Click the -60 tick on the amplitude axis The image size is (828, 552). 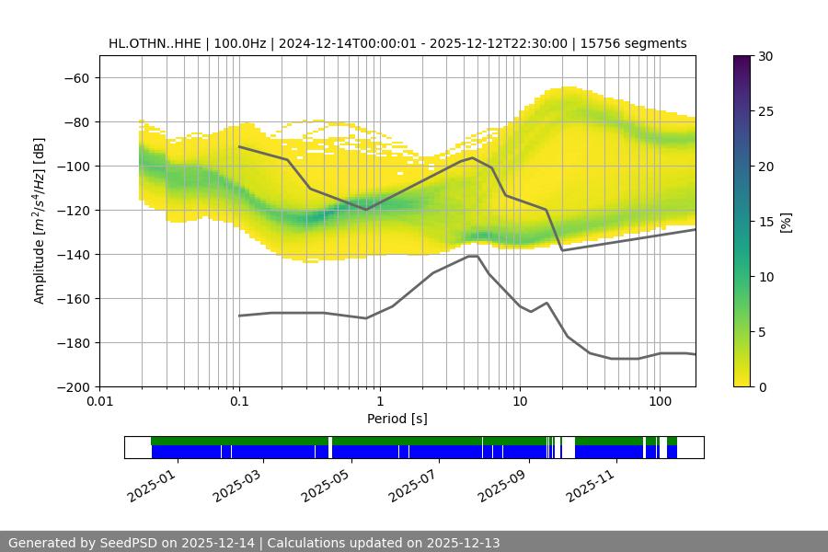click(75, 77)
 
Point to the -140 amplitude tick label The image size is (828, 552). click(72, 254)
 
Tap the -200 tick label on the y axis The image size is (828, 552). click(72, 386)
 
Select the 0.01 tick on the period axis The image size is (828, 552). click(99, 402)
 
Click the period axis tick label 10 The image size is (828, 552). click(520, 402)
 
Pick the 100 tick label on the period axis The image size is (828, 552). click(660, 402)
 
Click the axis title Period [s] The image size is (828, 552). click(397, 419)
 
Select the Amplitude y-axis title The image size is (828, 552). click(39, 222)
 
